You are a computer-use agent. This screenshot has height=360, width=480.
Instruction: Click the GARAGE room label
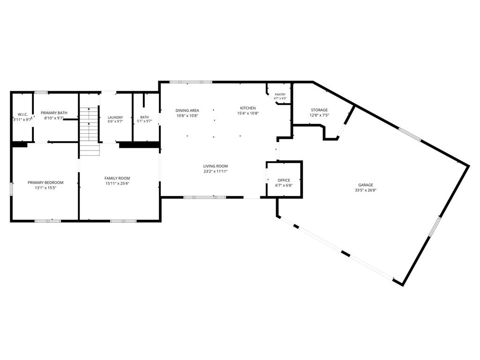point(366,185)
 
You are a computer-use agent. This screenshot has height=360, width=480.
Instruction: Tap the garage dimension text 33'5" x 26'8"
point(366,190)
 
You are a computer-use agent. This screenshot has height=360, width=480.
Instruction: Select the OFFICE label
point(284,180)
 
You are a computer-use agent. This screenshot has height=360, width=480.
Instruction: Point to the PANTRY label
point(280,95)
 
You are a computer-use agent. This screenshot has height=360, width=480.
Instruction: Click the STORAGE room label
point(319,110)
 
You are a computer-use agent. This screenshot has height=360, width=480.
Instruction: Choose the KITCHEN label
point(247,108)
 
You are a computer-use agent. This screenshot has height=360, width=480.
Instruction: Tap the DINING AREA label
point(187,111)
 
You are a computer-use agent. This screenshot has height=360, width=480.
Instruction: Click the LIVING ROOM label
point(216,166)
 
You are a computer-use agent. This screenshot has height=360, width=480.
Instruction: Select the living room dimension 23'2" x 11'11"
point(216,172)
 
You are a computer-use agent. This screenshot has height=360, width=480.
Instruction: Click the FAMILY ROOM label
point(117,178)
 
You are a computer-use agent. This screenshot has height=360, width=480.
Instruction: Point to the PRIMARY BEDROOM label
point(45,183)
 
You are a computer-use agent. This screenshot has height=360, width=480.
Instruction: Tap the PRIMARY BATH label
point(54,113)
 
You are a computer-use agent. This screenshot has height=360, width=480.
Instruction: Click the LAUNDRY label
point(115,118)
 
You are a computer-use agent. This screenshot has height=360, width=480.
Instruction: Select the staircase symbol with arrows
point(90,131)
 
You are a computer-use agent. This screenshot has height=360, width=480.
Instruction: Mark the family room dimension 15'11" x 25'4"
point(117,184)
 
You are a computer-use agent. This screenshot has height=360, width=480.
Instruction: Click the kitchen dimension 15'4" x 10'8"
point(248,113)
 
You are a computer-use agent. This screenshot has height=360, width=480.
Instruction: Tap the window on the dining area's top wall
point(191,82)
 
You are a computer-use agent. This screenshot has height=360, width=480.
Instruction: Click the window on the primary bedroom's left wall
point(12,189)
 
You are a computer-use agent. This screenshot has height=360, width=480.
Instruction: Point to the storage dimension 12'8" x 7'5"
point(319,115)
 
